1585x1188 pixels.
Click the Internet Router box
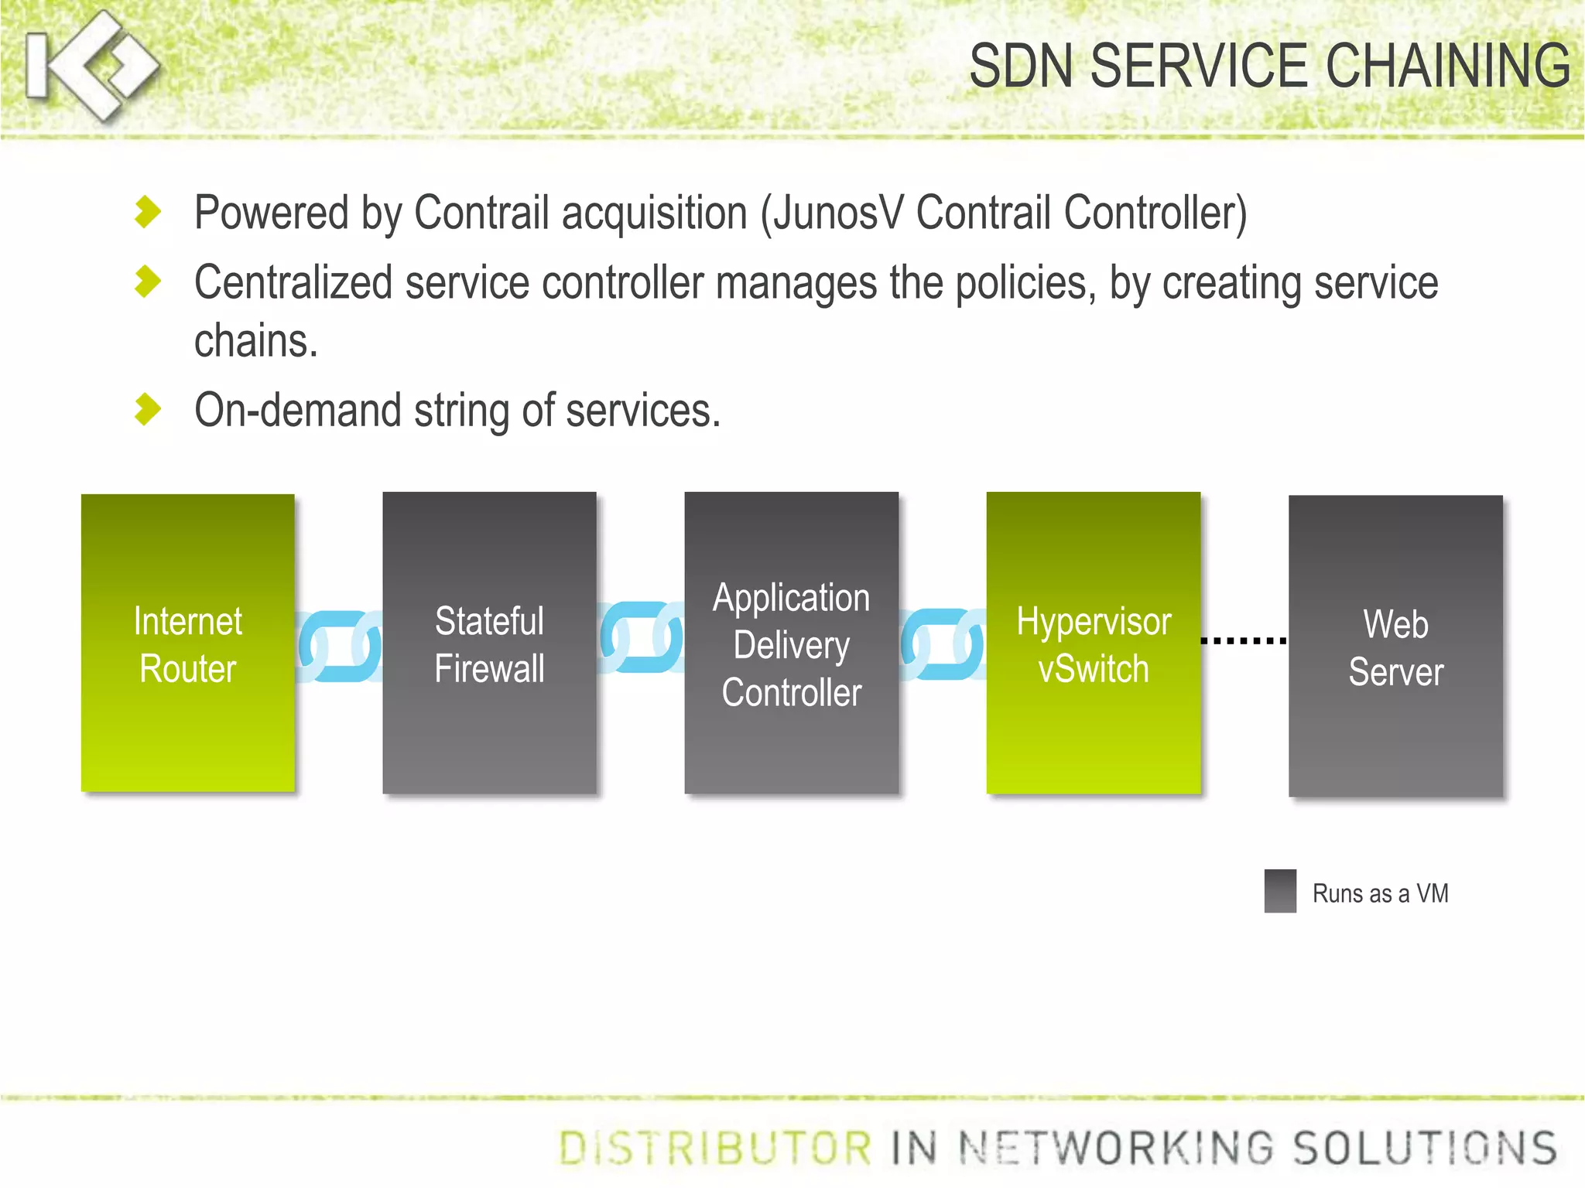click(x=187, y=643)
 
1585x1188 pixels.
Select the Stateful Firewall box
click(x=489, y=643)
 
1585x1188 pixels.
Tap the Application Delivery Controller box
click(x=791, y=643)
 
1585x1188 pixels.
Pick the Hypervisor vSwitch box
click(x=1093, y=643)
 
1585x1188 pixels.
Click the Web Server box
click(x=1395, y=647)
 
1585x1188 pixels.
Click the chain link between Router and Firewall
click(x=339, y=647)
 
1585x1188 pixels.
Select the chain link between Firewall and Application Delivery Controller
click(x=641, y=638)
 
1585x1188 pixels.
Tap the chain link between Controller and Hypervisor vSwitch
click(x=943, y=644)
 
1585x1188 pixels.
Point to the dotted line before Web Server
click(x=1244, y=640)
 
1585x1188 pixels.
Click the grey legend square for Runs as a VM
click(x=1280, y=891)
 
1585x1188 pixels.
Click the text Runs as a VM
click(x=1380, y=893)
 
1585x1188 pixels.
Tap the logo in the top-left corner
click(x=91, y=66)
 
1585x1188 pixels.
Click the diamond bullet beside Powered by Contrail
click(x=147, y=212)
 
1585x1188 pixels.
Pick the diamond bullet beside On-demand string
click(x=147, y=409)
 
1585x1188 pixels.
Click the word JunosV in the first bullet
click(x=837, y=213)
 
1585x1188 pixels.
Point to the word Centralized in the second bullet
click(x=293, y=282)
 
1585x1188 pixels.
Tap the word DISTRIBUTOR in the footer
click(x=715, y=1148)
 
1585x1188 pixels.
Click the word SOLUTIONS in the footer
click(x=1426, y=1148)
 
